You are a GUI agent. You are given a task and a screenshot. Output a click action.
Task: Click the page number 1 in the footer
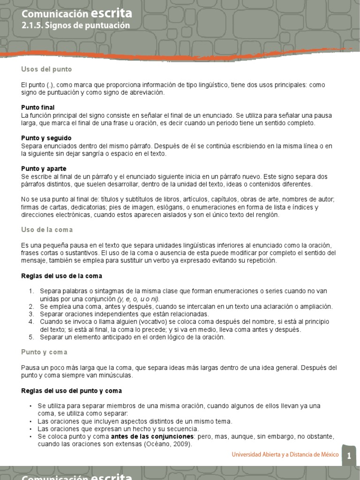tap(349, 456)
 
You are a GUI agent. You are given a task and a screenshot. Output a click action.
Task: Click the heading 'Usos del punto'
tap(46, 69)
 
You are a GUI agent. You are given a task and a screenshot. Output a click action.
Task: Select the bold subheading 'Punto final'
tap(38, 107)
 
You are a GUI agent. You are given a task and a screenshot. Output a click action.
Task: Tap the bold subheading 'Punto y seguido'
tap(46, 138)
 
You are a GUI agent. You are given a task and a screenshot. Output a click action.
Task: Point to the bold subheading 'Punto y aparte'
tap(44, 168)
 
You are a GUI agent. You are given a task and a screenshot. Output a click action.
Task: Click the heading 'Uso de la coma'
tap(47, 230)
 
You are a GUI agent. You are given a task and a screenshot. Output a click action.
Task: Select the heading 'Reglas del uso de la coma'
tap(61, 276)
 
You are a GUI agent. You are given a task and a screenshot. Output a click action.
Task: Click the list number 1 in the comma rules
tap(31, 291)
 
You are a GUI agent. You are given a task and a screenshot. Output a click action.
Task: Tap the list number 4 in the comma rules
tap(31, 322)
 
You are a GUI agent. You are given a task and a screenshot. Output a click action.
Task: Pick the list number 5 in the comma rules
tap(31, 337)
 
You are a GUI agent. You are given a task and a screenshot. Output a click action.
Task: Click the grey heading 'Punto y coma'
tap(44, 352)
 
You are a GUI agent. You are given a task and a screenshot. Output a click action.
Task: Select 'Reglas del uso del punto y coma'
tap(71, 390)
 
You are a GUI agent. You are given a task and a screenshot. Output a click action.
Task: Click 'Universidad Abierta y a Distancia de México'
tap(285, 455)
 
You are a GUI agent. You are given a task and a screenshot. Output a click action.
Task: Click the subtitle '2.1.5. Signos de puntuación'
tap(75, 26)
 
